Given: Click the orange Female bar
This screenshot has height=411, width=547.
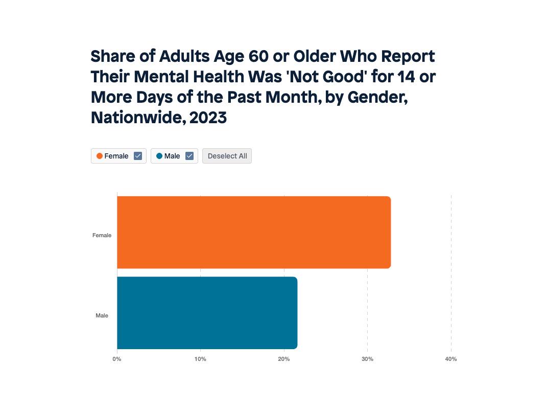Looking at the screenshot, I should coord(254,232).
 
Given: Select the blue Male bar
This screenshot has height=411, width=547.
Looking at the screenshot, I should coord(207,313).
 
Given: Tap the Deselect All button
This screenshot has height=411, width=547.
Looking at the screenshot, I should coord(227,156).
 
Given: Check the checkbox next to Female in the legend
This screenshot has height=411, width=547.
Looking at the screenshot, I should coord(138,156).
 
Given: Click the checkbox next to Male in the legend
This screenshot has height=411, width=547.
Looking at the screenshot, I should coord(189,156).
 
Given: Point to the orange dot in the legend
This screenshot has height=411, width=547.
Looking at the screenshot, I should coord(100,156).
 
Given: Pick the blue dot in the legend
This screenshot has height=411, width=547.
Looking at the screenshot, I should coord(159,156).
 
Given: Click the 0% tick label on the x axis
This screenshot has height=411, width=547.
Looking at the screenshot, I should coord(117,359).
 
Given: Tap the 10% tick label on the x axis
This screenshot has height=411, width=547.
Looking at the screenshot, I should coord(200,359).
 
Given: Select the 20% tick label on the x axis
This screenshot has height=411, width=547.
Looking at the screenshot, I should coord(284,359).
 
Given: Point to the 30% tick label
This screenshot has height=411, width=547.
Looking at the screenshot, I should coord(367,359).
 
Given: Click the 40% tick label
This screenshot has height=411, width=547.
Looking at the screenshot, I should coord(450,359).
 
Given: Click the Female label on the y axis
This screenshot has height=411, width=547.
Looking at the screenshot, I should coord(102,235).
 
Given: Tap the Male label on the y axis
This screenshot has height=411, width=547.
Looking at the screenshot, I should coord(102,315).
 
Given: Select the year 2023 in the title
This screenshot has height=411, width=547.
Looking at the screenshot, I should coord(208,118).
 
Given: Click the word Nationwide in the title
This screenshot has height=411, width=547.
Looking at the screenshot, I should coord(137,118).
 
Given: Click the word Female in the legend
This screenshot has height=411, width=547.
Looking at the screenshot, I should coord(116,156).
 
